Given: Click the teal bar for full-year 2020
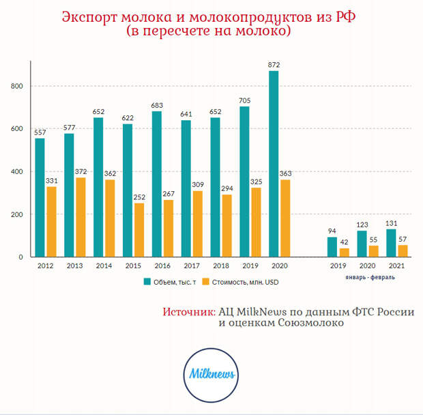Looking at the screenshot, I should point(273,164).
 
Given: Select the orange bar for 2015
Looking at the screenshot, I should point(139,230).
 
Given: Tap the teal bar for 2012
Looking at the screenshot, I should point(40,197).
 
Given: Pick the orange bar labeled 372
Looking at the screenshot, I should point(81,217).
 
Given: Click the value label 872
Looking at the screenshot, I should point(274,65).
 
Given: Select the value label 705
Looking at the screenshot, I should point(244,100).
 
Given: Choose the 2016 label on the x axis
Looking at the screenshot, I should point(162,267).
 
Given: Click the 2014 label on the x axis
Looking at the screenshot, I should point(103,267).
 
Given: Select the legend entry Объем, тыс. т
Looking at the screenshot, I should point(170,281).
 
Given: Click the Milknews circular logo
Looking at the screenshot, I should point(211,373).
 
